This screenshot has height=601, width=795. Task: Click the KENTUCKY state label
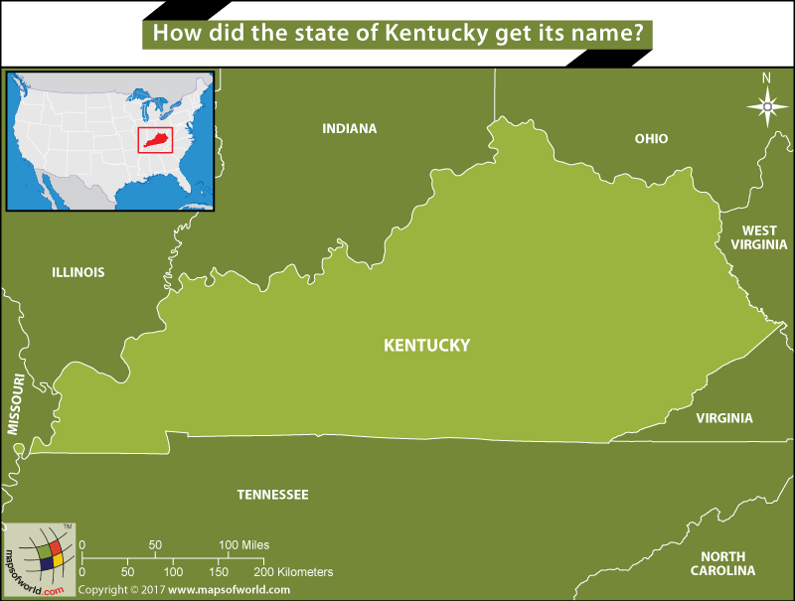coord(426,346)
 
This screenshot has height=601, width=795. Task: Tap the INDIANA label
coord(350,128)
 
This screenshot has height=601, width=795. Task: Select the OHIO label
coord(651,139)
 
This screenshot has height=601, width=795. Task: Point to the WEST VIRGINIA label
coord(758,237)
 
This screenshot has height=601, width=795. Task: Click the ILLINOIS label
coord(78,272)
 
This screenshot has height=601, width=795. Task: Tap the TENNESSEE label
coord(272,495)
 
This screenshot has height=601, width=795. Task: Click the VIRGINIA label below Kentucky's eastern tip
coord(723,418)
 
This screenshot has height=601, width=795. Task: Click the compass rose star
coord(766,105)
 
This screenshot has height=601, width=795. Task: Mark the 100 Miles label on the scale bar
coord(244,545)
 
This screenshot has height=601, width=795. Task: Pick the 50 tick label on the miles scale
coord(155,545)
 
